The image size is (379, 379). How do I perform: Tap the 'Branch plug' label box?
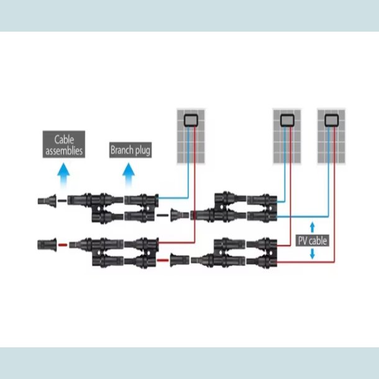point(130,150)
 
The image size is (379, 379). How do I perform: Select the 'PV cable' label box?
point(313,240)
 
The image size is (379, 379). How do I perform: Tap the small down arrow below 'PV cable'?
point(312,255)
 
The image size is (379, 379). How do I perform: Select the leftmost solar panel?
point(191,136)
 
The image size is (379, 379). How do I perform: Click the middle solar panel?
point(288,136)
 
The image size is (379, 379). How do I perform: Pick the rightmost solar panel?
point(331,136)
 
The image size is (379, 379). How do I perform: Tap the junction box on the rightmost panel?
point(331,118)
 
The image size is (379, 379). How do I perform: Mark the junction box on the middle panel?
point(288,118)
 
